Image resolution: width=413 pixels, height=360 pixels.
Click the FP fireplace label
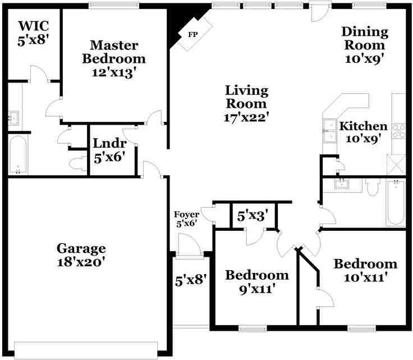(x=192, y=34)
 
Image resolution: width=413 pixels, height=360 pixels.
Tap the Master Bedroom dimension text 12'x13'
(x=114, y=72)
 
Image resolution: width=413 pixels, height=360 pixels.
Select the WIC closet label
(x=34, y=26)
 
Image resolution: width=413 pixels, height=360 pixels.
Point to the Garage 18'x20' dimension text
(x=81, y=262)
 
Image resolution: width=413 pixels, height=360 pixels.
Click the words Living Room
(x=246, y=97)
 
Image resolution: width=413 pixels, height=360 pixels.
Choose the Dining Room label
(x=364, y=38)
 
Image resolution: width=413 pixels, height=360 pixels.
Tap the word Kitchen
(x=363, y=126)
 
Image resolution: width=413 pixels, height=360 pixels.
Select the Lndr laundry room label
(x=109, y=144)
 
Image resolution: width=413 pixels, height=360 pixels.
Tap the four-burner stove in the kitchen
(x=399, y=131)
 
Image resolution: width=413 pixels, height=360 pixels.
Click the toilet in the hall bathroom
(x=373, y=187)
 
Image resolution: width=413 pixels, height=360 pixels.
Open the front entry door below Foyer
(x=189, y=246)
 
